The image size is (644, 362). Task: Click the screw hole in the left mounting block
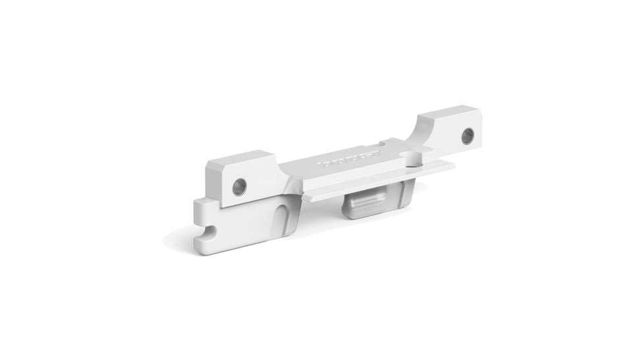[240, 186]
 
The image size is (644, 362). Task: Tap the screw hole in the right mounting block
[467, 136]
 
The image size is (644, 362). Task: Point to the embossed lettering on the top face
[350, 159]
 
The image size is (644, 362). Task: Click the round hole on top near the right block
[412, 159]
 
